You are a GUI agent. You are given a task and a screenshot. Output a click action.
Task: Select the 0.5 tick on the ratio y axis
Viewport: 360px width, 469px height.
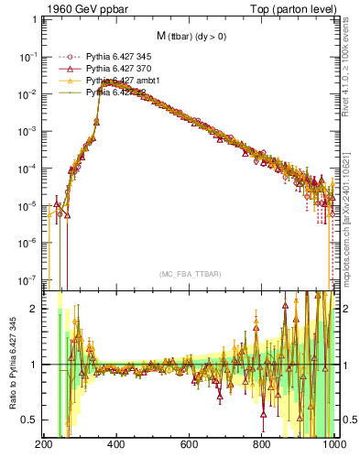click(30, 420)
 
